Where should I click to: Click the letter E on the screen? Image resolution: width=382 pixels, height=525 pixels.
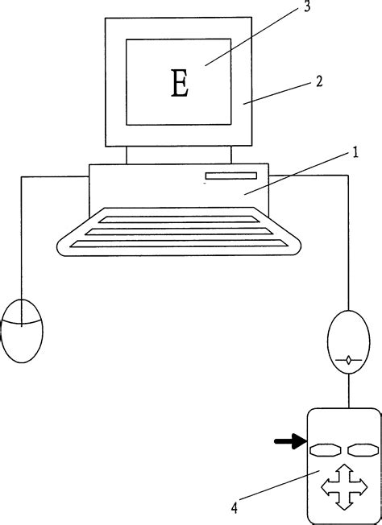pos(180,84)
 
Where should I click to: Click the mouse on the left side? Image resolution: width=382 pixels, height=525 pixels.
pos(22,329)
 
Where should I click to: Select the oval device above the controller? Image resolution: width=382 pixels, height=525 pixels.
pos(347,341)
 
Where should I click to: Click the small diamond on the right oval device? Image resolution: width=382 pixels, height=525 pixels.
pos(347,361)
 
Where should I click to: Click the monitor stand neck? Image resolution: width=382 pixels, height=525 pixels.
pos(179,155)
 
